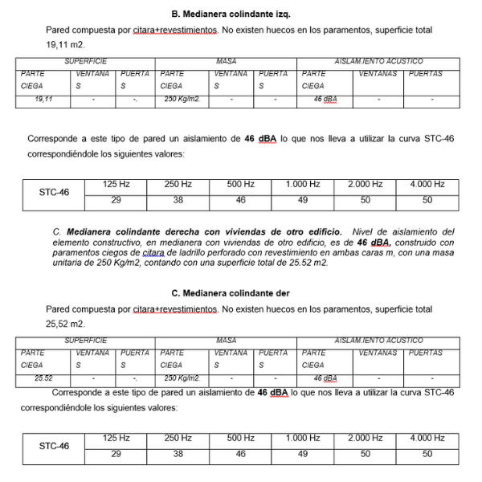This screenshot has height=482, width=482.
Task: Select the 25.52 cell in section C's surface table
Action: (43, 378)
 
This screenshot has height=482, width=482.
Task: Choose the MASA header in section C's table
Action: (227, 341)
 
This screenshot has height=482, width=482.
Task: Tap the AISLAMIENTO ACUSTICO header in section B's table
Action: (379, 61)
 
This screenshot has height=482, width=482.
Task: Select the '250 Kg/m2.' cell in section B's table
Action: (182, 100)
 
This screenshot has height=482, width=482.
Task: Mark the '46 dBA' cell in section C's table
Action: (325, 378)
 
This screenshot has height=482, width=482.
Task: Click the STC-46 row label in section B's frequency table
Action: (55, 193)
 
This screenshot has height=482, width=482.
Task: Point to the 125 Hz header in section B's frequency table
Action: (116, 185)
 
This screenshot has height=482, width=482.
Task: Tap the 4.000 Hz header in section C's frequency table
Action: (428, 438)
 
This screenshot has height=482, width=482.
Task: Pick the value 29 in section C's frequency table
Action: (116, 454)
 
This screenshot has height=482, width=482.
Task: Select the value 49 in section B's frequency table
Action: (302, 200)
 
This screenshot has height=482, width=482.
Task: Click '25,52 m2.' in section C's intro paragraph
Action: (66, 324)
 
